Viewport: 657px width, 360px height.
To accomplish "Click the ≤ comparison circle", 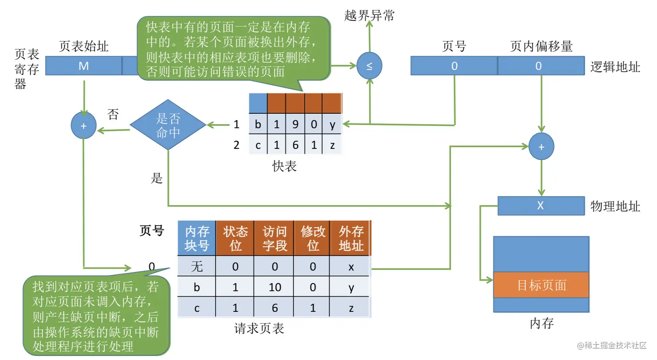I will coord(369,66).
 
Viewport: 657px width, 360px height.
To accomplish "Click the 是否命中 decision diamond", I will coord(168,125).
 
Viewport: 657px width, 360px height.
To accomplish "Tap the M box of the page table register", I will coord(83,66).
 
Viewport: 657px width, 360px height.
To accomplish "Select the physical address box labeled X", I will coord(541,206).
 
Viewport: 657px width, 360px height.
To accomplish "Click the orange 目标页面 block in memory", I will coord(541,285).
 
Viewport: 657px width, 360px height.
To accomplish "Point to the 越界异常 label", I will coord(369,16).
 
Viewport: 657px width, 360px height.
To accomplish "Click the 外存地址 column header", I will coord(351,238).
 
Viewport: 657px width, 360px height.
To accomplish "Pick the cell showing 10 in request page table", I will coord(275,287).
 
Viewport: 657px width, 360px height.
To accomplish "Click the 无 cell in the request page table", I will coord(196,266).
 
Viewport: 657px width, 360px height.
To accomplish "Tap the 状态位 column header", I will coord(235,238).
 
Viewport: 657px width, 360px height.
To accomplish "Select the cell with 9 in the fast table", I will coord(295,125).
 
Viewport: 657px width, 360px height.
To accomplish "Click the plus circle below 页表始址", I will coord(83,126).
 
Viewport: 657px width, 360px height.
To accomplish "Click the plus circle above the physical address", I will coord(541,147).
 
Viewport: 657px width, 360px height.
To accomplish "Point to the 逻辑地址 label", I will coord(615,67).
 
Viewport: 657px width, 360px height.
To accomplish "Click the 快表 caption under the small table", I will coord(284,166).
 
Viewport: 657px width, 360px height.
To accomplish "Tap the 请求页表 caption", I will coord(259,328).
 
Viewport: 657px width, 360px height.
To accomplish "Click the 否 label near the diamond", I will coord(113,114).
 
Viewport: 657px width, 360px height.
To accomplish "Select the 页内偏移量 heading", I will coord(541,46).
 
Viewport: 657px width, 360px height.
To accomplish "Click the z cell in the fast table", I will coord(332,145).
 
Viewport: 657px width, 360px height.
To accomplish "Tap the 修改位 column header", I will coord(312,238).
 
